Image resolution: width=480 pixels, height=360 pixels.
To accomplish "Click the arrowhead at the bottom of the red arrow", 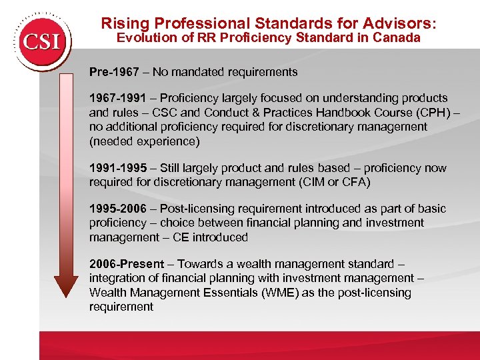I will tap(66, 284).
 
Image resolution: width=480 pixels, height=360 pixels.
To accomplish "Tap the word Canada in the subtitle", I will tap(398, 38).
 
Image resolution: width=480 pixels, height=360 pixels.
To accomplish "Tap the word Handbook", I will tap(320, 112).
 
